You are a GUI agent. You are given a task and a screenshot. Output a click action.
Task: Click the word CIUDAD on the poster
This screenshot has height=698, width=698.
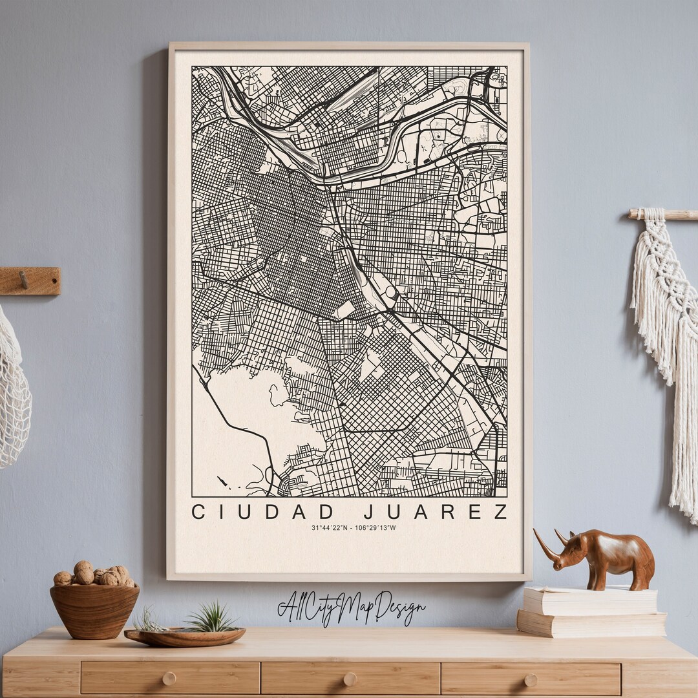264,512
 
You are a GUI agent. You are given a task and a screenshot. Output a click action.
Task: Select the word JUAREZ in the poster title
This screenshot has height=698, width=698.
436,512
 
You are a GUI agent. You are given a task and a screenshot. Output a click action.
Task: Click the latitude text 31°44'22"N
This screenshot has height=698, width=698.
329,528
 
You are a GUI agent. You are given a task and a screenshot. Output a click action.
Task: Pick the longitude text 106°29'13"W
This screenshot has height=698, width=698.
375,528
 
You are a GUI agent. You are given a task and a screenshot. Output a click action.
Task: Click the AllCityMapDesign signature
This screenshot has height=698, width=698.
351,608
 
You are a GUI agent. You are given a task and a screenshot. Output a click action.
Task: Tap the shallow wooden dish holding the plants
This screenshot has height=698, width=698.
185,637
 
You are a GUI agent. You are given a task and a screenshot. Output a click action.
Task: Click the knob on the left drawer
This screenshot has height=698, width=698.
169,679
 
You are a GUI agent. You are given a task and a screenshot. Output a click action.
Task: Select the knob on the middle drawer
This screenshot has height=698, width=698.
350,679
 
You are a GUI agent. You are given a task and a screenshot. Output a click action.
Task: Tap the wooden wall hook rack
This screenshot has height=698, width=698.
30,280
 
